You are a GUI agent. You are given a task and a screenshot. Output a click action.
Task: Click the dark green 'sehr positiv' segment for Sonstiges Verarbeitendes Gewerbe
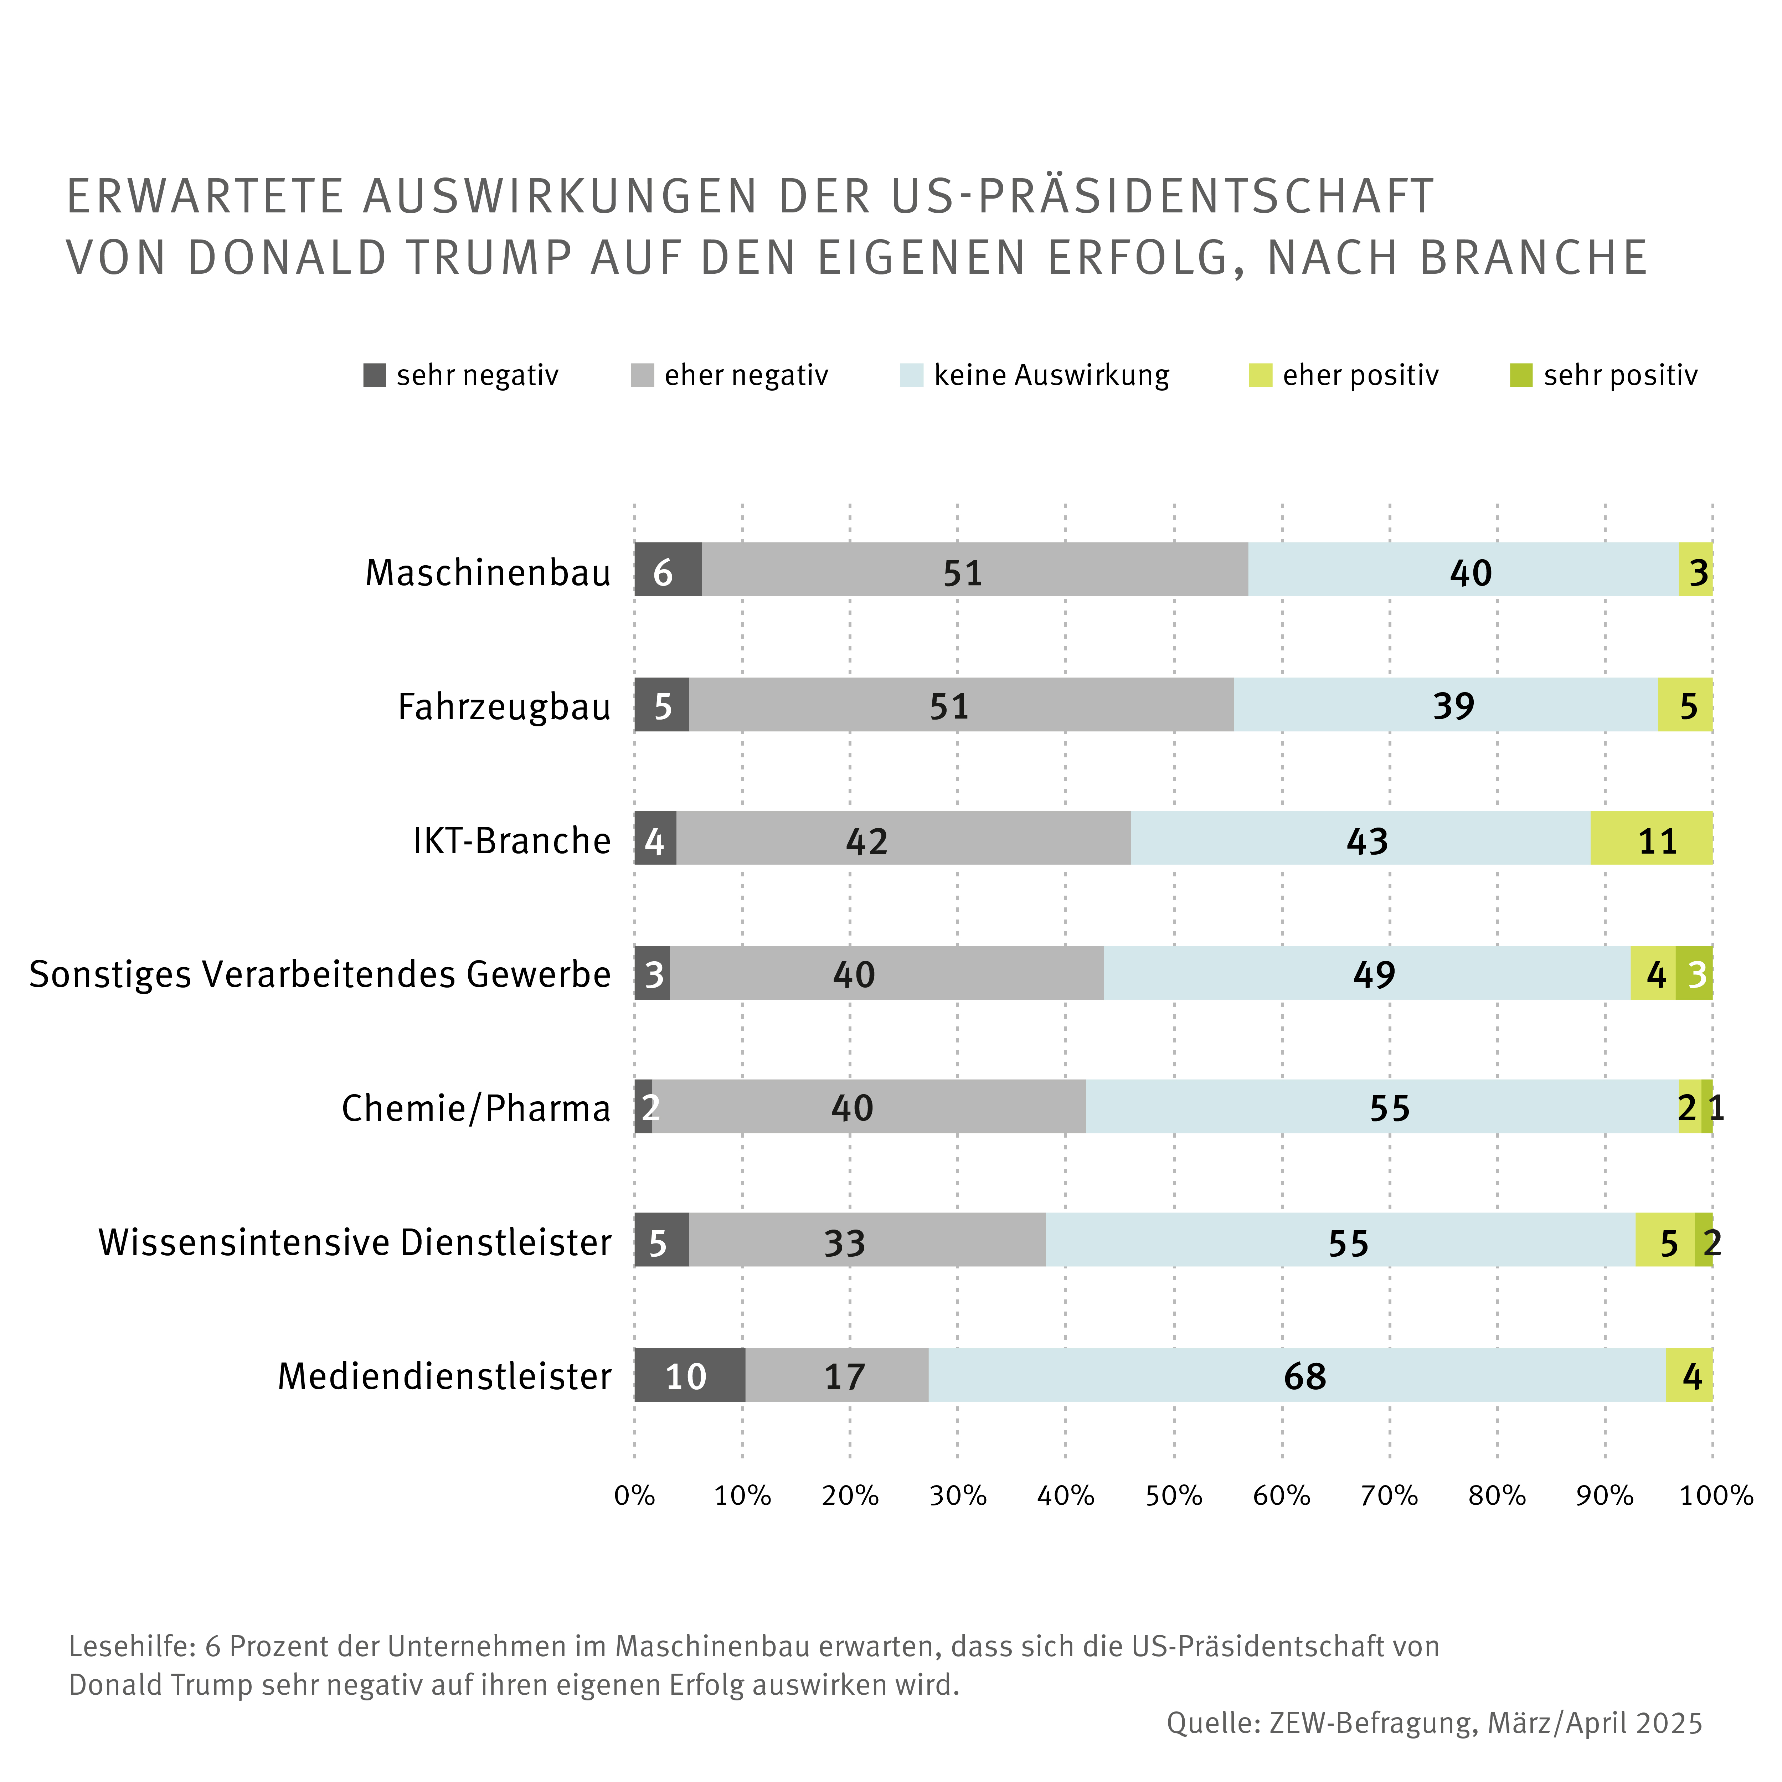pyautogui.click(x=1694, y=973)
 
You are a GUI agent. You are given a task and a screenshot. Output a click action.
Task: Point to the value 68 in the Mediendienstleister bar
pyautogui.click(x=1304, y=1376)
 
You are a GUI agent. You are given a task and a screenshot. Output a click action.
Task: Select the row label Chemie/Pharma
pyautogui.click(x=476, y=1108)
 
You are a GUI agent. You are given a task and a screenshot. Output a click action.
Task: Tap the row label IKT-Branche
pyautogui.click(x=512, y=840)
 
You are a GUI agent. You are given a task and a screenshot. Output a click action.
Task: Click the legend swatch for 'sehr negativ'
pyautogui.click(x=375, y=375)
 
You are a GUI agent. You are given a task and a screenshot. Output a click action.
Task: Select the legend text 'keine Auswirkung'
pyautogui.click(x=1051, y=375)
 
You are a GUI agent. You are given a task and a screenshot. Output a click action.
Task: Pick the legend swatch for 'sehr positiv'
pyautogui.click(x=1521, y=375)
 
